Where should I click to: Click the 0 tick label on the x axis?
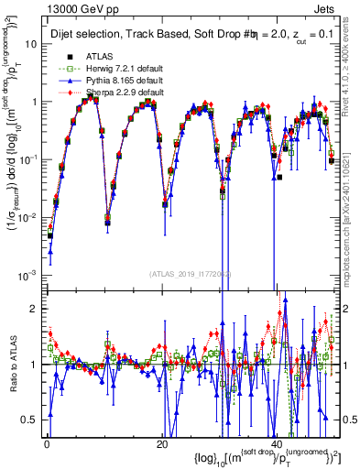[x=45, y=444]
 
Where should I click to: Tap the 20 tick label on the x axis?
[x=161, y=444]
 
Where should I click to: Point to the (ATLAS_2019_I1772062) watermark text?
[x=190, y=275]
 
